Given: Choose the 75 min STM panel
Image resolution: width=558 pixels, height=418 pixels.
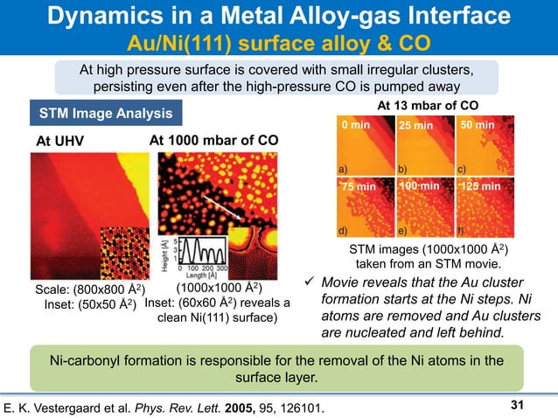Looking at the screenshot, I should point(362,206).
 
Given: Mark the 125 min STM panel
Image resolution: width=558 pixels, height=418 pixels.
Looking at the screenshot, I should point(476,206).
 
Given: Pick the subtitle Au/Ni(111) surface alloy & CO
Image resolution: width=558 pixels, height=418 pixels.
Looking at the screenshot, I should point(280,43).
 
